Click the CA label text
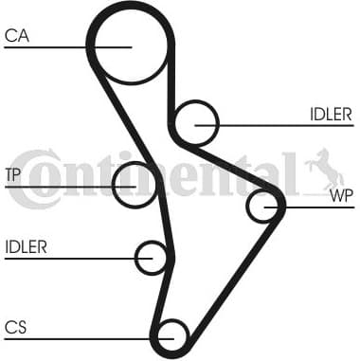[16, 35]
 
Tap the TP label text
[12, 174]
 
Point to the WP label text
[341, 197]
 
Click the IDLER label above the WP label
[330, 115]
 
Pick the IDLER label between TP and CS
[26, 247]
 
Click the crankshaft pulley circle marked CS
[171, 334]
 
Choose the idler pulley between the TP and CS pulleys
[152, 257]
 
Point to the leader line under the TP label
[57, 185]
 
